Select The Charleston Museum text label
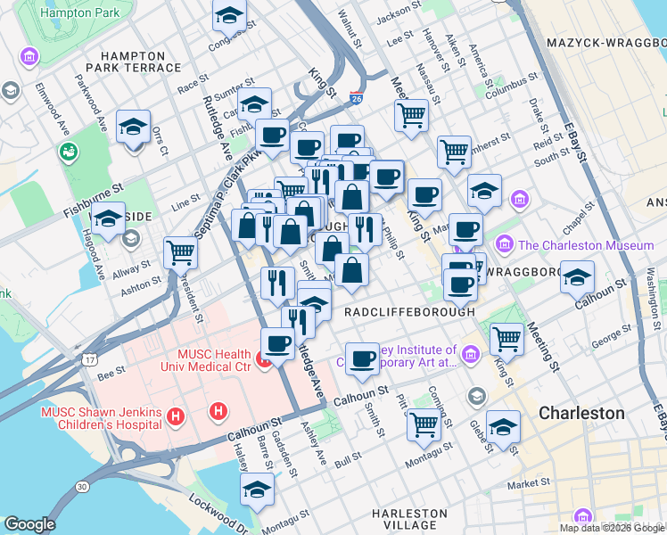pos(586,244)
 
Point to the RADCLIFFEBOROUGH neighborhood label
pos(409,313)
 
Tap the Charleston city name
pos(581,414)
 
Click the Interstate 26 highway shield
pos(356,99)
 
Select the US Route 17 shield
pos(89,358)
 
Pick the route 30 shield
pos(82,487)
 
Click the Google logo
pos(29,524)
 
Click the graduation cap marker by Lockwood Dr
pos(257,489)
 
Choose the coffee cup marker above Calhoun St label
pos(362,358)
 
